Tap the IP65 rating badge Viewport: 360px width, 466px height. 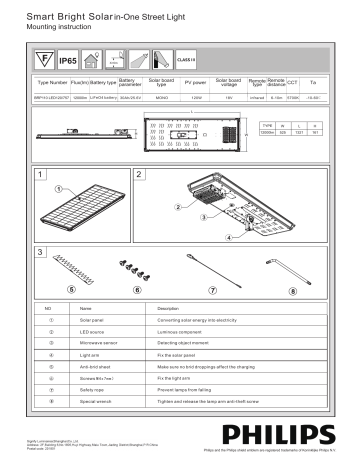coord(68,61)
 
